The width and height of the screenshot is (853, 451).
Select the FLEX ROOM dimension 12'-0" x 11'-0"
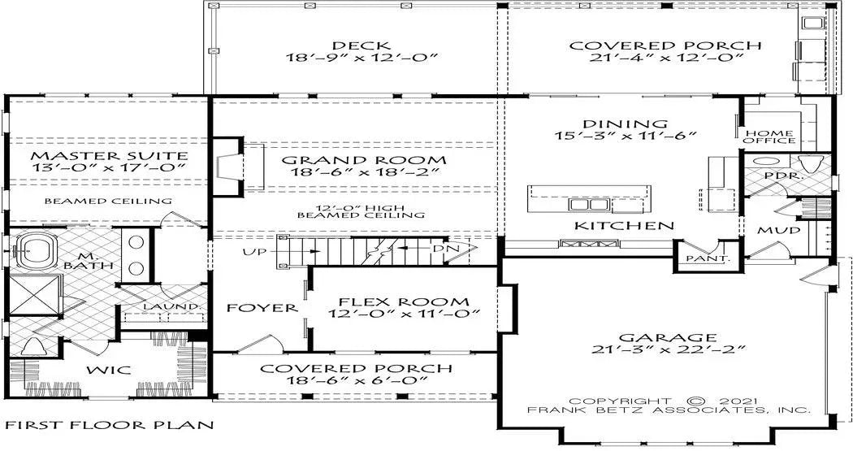tap(404, 314)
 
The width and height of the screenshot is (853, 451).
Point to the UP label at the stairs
tap(254, 252)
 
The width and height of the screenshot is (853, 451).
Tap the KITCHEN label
tap(624, 225)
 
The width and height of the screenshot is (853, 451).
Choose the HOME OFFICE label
tap(770, 136)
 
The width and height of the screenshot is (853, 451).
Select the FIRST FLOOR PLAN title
tap(110, 425)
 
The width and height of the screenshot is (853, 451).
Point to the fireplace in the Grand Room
tap(232, 166)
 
